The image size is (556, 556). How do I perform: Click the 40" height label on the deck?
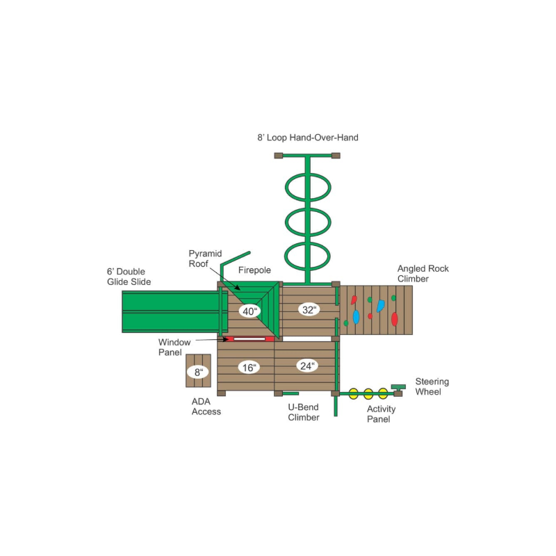pos(250,311)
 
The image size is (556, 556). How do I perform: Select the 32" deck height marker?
pos(309,309)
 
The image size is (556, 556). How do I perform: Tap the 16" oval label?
pos(249,368)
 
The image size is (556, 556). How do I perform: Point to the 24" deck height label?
pos(307,366)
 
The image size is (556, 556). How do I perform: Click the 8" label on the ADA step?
pos(199,372)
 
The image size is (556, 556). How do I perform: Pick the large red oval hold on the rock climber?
pos(394,319)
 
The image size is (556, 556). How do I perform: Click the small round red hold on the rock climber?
pos(370,316)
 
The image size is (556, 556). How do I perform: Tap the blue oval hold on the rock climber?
pos(356,317)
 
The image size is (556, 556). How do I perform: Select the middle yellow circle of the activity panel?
pos(368,393)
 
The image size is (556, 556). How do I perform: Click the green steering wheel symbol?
pos(398,387)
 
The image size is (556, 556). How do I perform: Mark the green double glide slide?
pos(170,311)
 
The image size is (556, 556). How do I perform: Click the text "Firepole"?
pos(254,270)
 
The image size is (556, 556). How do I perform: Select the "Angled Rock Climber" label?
pos(423,273)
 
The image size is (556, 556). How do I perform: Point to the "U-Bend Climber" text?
pos(304,412)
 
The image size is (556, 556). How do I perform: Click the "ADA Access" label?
pos(206,407)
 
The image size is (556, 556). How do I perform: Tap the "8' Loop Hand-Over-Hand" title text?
pos(308,138)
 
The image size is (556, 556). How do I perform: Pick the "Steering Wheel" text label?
pos(432,386)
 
